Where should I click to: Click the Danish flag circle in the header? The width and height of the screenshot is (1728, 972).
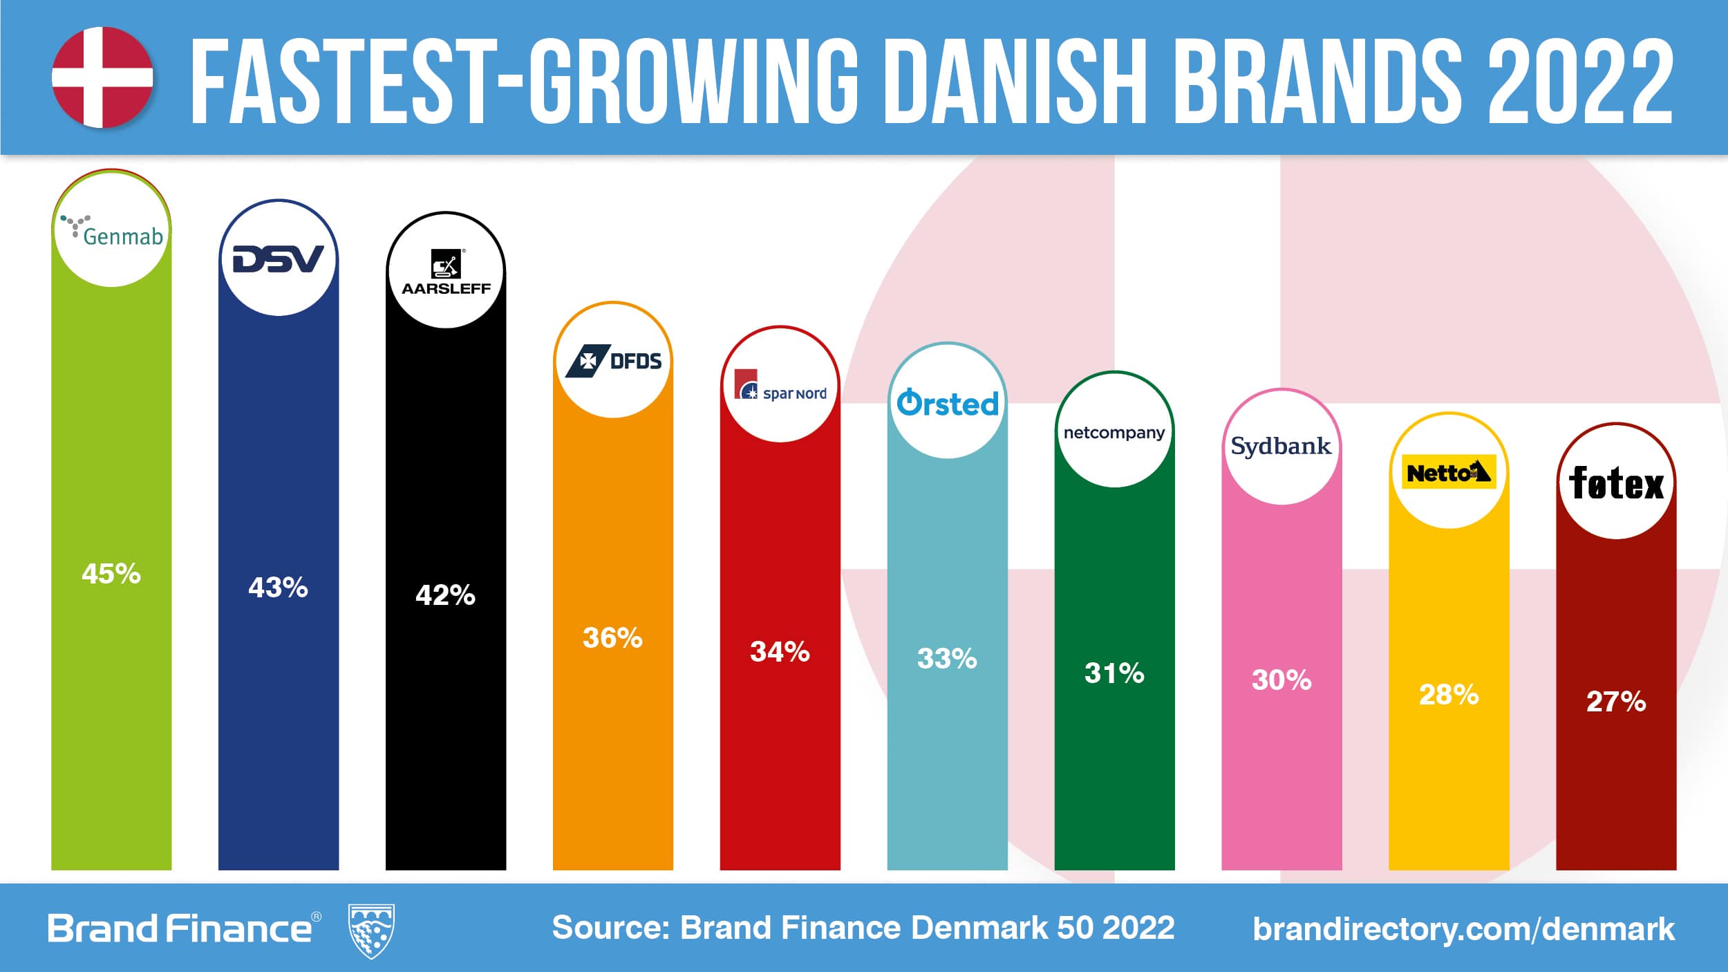pyautogui.click(x=102, y=77)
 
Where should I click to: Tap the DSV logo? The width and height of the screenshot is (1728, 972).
pyautogui.click(x=278, y=259)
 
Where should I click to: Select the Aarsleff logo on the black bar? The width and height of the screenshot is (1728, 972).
pyautogui.click(x=446, y=272)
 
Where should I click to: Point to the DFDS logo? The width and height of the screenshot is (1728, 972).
pyautogui.click(x=613, y=361)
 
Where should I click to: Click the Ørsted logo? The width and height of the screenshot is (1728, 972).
pyautogui.click(x=948, y=403)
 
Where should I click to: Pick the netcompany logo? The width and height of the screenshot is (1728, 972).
pyautogui.click(x=1114, y=433)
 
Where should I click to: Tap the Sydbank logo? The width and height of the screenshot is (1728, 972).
pyautogui.click(x=1281, y=447)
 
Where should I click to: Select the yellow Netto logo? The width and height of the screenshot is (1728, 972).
pyautogui.click(x=1449, y=472)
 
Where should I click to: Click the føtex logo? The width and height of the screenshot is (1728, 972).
pyautogui.click(x=1616, y=483)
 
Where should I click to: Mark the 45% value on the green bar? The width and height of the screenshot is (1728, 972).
pyautogui.click(x=111, y=574)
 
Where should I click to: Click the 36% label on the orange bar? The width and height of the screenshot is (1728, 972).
pyautogui.click(x=612, y=637)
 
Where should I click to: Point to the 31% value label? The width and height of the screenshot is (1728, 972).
pyautogui.click(x=1114, y=673)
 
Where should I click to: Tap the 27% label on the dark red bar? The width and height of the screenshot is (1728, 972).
pyautogui.click(x=1616, y=702)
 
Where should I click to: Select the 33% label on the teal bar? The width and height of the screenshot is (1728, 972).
pyautogui.click(x=947, y=658)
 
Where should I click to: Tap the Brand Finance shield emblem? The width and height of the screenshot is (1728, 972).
pyautogui.click(x=372, y=930)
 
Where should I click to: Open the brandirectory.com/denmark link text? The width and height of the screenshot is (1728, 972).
pyautogui.click(x=1463, y=928)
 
